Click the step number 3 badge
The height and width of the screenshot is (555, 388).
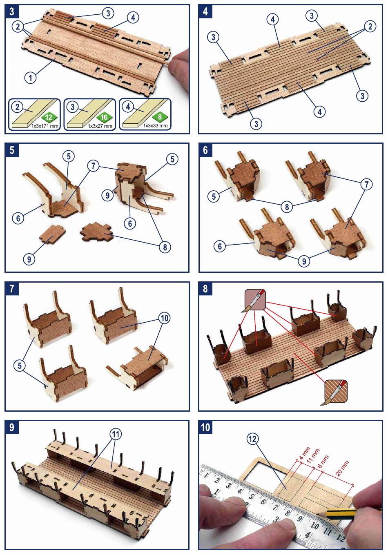coord(11,11)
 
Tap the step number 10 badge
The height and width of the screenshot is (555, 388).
coord(205,427)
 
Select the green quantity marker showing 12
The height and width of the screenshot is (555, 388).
coord(49,118)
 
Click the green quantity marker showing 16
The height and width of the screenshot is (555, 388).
coord(104,118)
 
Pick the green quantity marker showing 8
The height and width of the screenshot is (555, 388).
coord(160,117)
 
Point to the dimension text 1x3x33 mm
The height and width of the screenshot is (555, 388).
coord(155,126)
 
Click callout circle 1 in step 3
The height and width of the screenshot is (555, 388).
coord(31,77)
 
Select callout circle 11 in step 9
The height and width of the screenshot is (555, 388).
coord(116,434)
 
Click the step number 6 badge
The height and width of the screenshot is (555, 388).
coord(205,150)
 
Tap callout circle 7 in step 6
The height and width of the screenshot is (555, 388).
coord(366,185)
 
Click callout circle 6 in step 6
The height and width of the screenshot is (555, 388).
coord(220,246)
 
